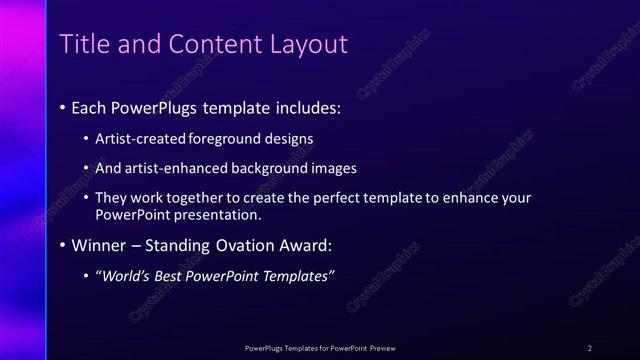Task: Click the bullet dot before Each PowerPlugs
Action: [x=63, y=106]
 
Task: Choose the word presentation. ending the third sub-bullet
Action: [x=214, y=214]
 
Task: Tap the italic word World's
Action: [x=125, y=276]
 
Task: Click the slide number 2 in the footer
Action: [x=590, y=348]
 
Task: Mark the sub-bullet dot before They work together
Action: [x=87, y=198]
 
